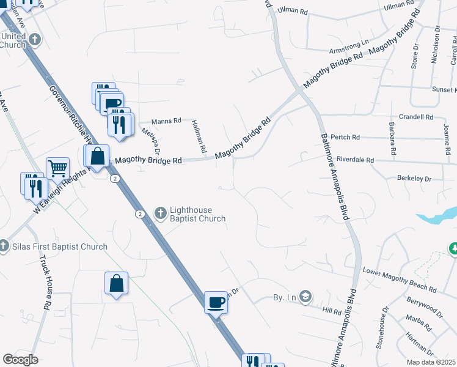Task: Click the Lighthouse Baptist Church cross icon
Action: tap(161, 213)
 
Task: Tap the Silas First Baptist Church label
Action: tap(60, 247)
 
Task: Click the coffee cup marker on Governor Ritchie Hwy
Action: tap(215, 302)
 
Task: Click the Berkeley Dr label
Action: tap(414, 179)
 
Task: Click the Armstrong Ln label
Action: tap(349, 46)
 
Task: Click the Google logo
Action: tap(20, 360)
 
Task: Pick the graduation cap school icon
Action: tap(305, 298)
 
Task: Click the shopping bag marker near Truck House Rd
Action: tap(116, 284)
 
